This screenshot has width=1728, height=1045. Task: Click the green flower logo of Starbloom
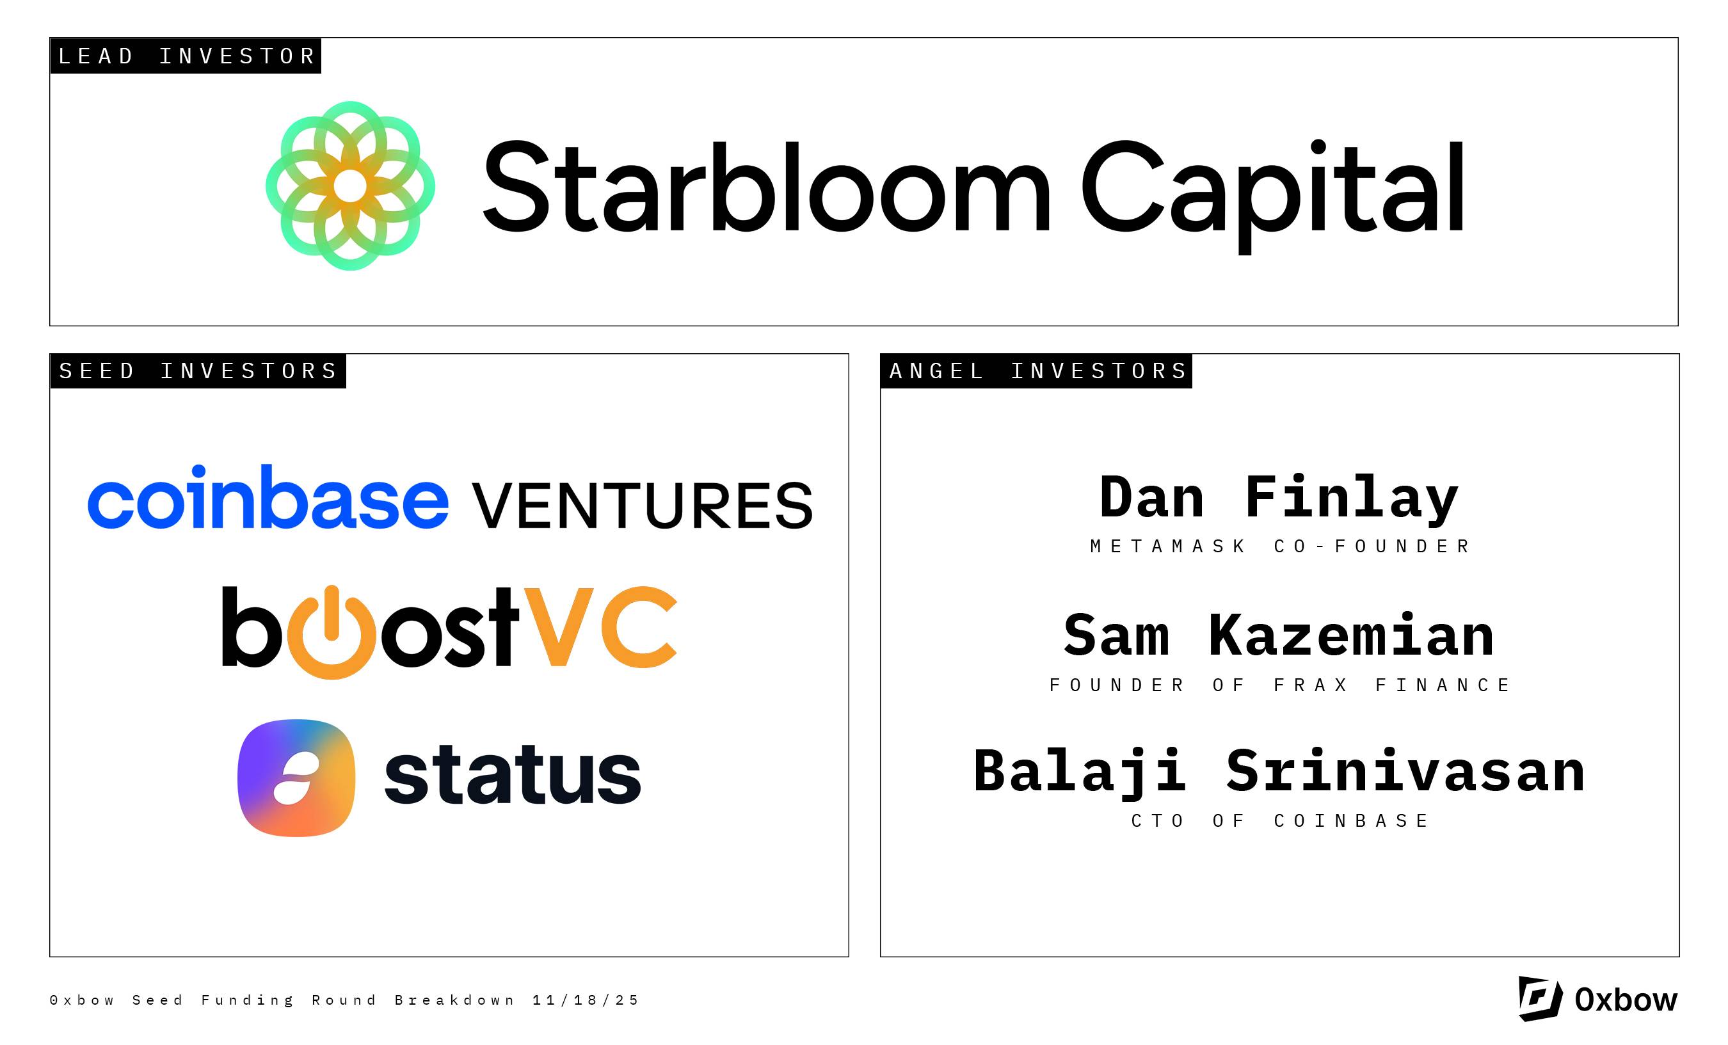[350, 186]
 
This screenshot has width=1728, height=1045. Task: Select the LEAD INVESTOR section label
[186, 56]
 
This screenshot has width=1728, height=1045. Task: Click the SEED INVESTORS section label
[198, 371]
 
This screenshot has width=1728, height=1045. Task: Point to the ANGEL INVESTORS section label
[1037, 371]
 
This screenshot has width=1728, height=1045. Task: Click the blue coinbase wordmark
[268, 497]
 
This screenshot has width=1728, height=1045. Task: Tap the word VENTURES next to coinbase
[643, 505]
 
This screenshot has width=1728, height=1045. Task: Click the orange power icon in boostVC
[332, 634]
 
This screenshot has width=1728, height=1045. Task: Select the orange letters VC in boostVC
[600, 627]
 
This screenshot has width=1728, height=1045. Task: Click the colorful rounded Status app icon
[297, 778]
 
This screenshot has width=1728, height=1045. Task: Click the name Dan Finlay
[1279, 499]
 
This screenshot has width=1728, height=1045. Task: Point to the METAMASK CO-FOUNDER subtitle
[1280, 546]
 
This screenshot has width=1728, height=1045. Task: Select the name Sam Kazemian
[1279, 635]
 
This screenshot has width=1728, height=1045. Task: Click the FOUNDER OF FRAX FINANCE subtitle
[1280, 685]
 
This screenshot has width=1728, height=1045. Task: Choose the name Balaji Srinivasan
[1279, 772]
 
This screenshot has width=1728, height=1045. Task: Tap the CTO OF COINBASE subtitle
[1280, 821]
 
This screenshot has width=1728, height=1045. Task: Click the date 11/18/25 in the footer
[586, 1000]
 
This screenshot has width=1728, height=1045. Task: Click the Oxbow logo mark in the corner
[1540, 999]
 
